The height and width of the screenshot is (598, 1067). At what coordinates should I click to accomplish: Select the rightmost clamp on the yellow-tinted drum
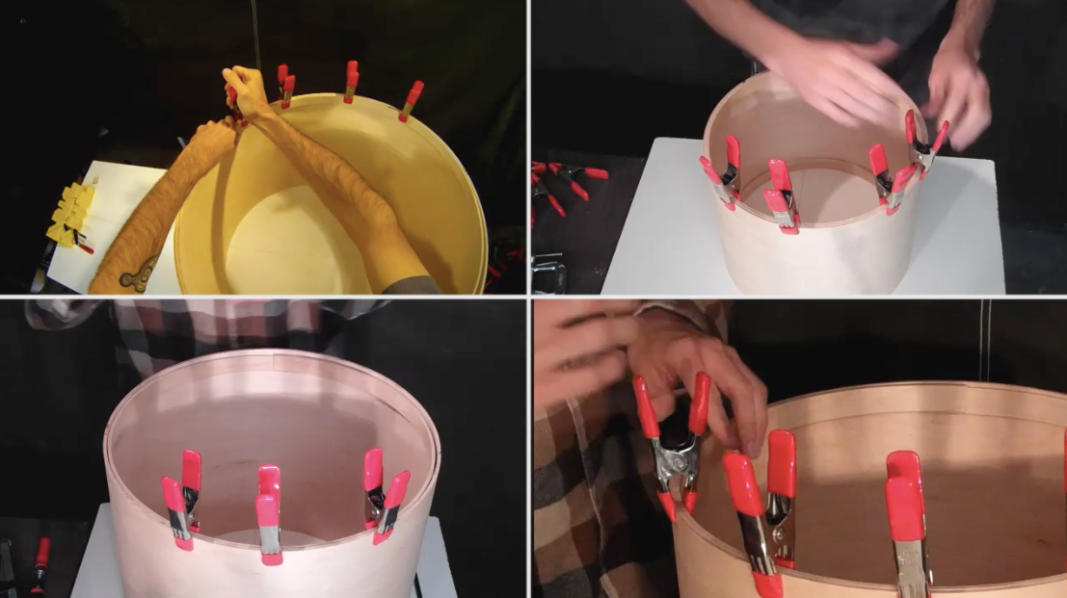click(412, 100)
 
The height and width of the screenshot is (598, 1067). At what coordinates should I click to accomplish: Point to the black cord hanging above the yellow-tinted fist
click(254, 34)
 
